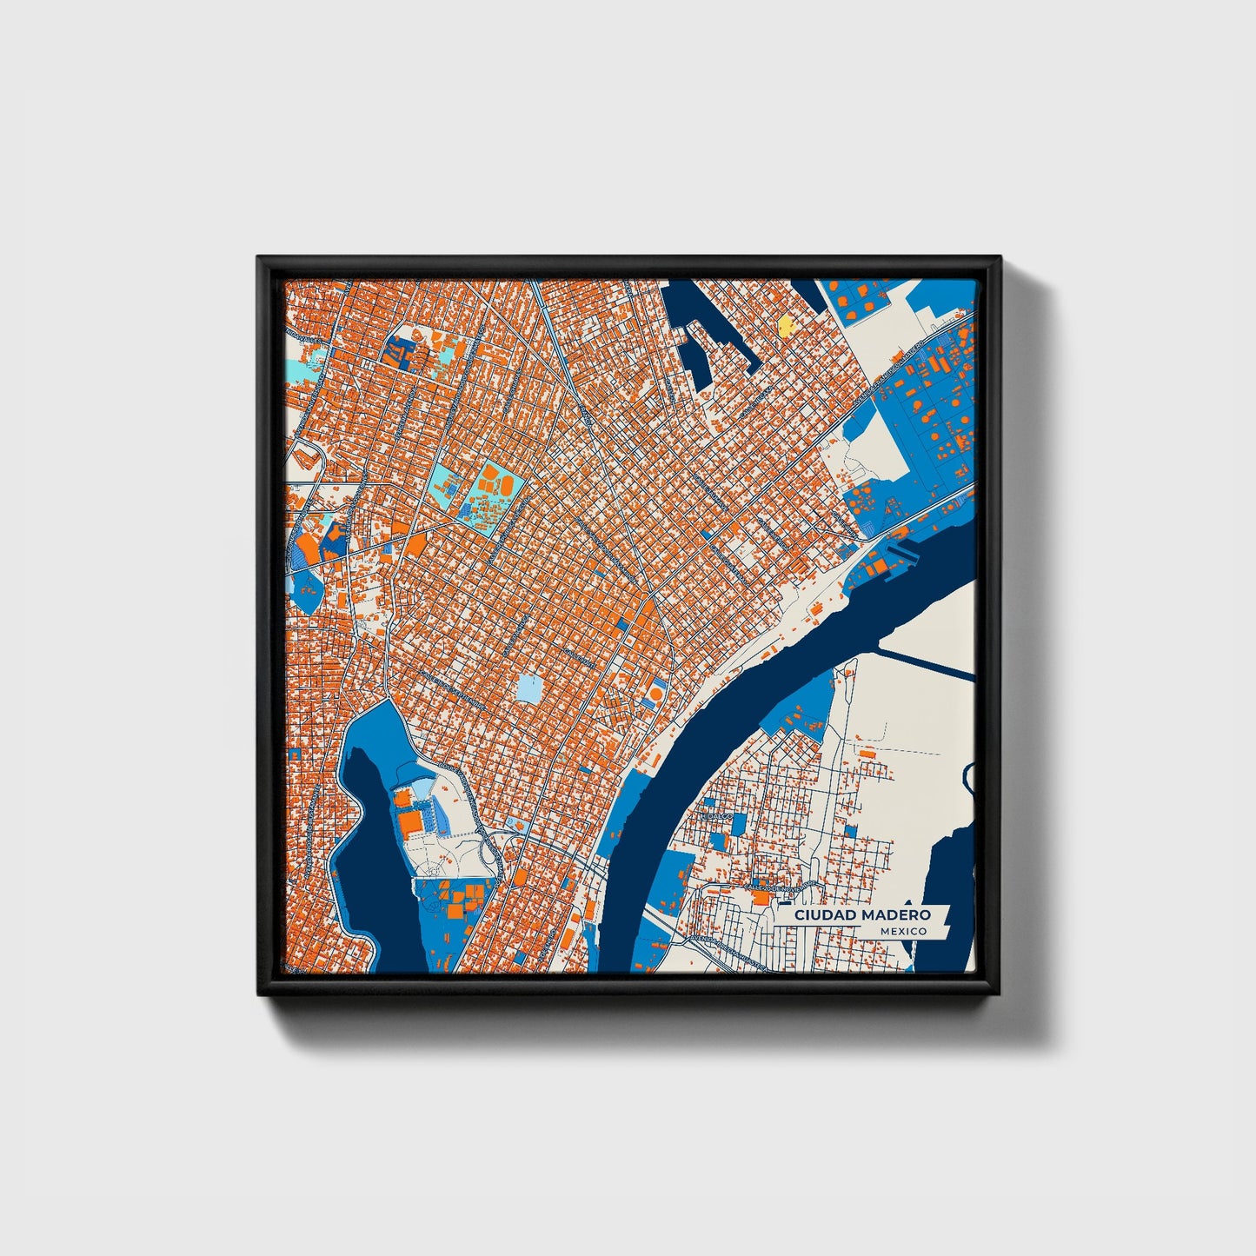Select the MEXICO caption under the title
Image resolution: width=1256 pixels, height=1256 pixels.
pyautogui.click(x=902, y=931)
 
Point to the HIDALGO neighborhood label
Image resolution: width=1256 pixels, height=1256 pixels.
pyautogui.click(x=716, y=818)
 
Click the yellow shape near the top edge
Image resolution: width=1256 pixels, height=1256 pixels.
pyautogui.click(x=786, y=326)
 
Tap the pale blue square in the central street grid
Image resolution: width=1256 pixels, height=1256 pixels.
pyautogui.click(x=528, y=689)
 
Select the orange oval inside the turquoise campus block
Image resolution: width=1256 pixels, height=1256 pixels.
pyautogui.click(x=490, y=476)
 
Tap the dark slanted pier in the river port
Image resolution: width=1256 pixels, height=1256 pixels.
pyautogui.click(x=904, y=551)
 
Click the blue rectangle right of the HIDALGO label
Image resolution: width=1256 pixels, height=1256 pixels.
pyautogui.click(x=739, y=822)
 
